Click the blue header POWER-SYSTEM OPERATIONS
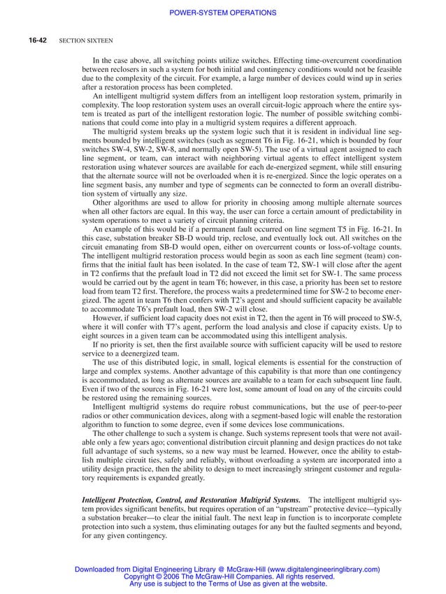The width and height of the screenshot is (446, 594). click(x=223, y=13)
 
